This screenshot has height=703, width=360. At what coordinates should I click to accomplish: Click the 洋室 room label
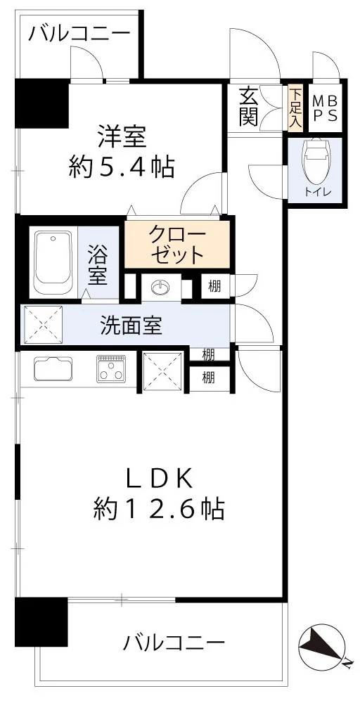121,135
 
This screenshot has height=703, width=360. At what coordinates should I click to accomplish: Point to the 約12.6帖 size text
159,508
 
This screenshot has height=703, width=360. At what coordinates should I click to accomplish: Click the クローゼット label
176,244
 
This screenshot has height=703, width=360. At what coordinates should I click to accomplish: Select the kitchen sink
53,368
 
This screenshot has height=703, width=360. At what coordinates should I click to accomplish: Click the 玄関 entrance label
247,107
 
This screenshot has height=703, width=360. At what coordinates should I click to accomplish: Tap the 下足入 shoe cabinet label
295,108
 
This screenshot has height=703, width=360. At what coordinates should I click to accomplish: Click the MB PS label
324,108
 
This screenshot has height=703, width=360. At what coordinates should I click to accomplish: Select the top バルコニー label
79,34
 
